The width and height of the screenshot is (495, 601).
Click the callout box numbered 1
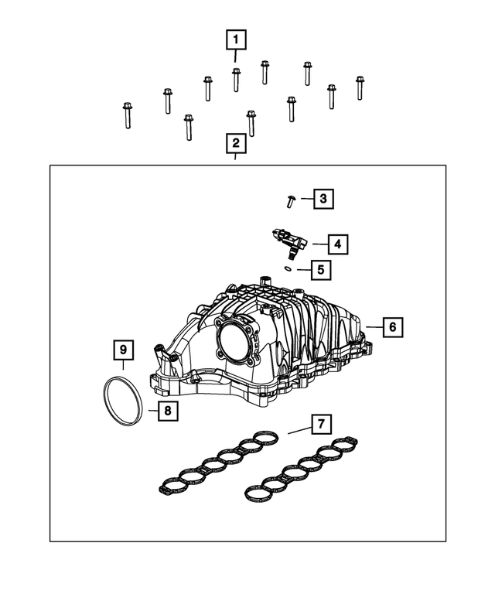(236, 39)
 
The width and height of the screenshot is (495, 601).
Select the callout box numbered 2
(236, 144)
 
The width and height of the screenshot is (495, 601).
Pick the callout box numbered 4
(336, 244)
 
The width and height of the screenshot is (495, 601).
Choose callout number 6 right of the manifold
(392, 327)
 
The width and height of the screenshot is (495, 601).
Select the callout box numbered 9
(123, 350)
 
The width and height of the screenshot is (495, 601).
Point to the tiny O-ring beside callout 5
(287, 268)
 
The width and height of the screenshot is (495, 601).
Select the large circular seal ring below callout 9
(121, 399)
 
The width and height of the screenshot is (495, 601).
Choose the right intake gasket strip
(302, 469)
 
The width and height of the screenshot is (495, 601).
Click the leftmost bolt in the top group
(127, 115)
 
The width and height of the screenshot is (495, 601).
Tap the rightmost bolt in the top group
(360, 87)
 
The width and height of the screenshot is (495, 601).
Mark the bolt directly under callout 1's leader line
(236, 79)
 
